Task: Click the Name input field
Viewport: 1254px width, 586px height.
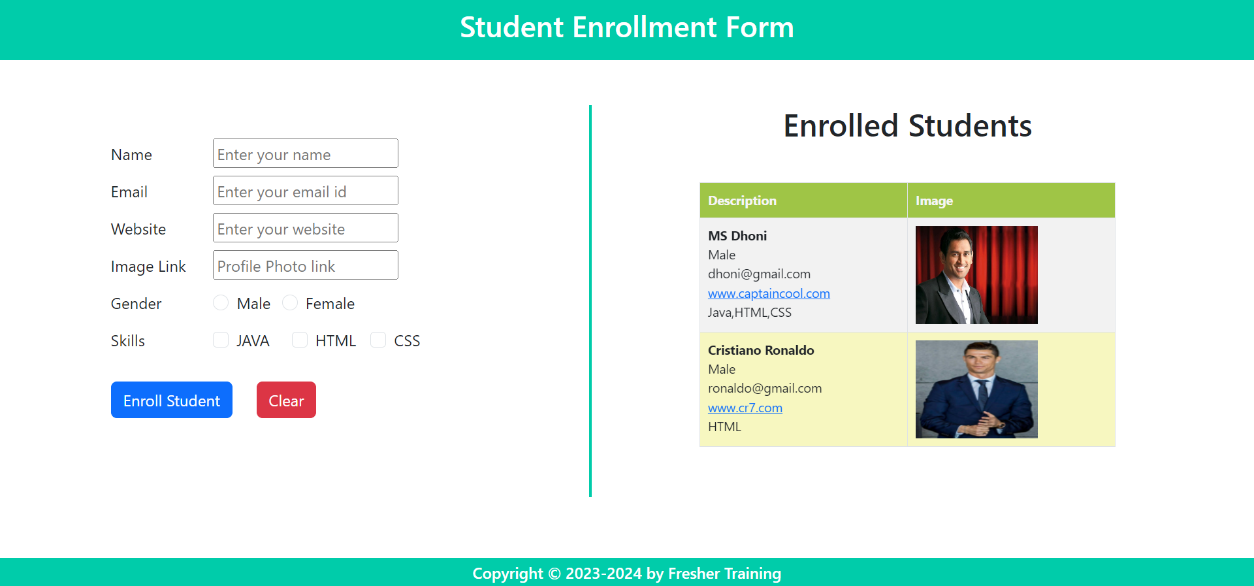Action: tap(305, 154)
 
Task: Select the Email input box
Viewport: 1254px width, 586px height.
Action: tap(305, 191)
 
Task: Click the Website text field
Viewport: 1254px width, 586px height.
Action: tap(305, 228)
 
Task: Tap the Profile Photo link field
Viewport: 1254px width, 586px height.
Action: tap(305, 265)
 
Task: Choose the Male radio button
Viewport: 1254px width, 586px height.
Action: tap(221, 303)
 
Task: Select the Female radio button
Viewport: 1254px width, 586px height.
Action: tap(290, 303)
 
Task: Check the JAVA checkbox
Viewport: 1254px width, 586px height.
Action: tap(221, 340)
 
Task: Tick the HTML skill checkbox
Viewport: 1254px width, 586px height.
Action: tap(300, 340)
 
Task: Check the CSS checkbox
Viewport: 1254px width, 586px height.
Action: tap(378, 340)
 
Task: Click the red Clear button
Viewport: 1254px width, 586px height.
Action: tap(286, 400)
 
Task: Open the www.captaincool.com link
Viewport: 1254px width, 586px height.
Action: tap(769, 293)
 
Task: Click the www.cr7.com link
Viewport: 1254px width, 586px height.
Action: tap(745, 408)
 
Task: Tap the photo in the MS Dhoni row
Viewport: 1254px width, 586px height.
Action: tap(976, 275)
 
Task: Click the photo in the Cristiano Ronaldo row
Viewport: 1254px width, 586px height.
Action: tap(976, 389)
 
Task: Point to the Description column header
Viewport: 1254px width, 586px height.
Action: tap(742, 201)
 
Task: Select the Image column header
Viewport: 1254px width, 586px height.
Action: tap(934, 201)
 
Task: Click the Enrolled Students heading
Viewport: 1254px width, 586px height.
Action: tap(907, 126)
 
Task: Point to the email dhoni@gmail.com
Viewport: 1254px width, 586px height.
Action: tap(759, 274)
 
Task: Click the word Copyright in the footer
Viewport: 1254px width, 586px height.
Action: tap(507, 574)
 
